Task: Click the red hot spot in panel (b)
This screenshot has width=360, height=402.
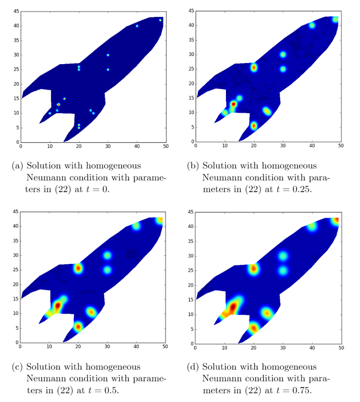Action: point(233,104)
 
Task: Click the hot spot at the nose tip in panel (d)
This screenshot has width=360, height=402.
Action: point(336,220)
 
